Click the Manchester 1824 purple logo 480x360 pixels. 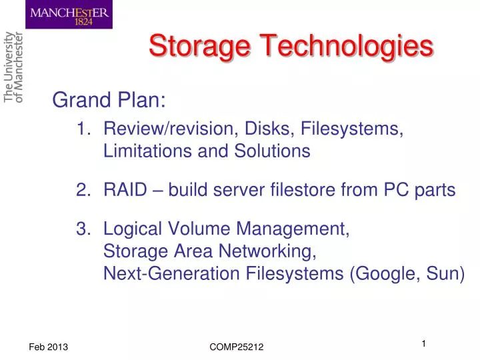tap(69, 15)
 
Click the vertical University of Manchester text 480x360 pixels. tap(13, 67)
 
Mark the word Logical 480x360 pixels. tap(130, 229)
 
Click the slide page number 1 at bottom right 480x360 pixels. tap(423, 343)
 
